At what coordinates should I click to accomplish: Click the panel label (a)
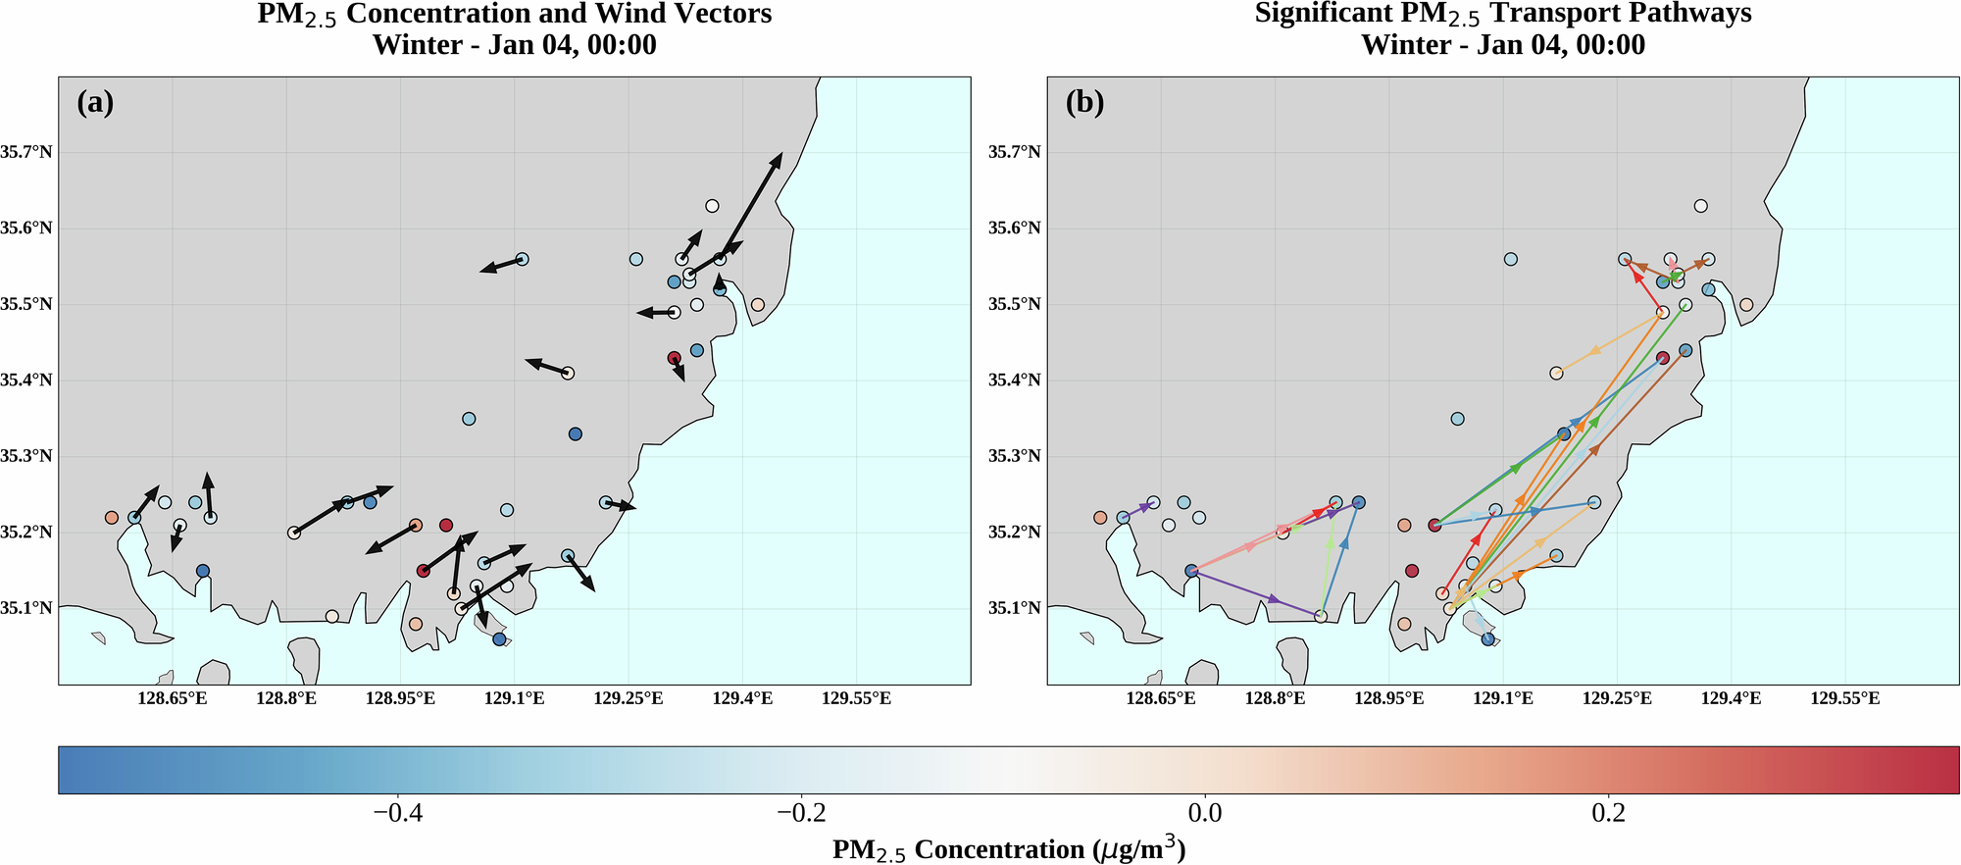(95, 103)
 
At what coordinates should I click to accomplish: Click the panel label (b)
(1084, 103)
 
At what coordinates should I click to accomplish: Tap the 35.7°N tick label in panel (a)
(27, 152)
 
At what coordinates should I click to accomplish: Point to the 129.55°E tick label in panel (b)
(1844, 698)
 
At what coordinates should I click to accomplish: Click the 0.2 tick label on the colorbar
(1608, 813)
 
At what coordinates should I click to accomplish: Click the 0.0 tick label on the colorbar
(1204, 813)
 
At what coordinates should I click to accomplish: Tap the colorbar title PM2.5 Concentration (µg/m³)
(1009, 849)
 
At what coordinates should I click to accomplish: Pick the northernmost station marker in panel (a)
(712, 206)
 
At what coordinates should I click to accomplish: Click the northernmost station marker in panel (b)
(1701, 206)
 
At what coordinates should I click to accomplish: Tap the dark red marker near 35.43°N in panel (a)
(674, 358)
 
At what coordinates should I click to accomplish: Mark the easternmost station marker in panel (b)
(1746, 305)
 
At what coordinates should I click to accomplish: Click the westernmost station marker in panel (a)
(112, 517)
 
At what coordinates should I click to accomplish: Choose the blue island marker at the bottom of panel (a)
(499, 639)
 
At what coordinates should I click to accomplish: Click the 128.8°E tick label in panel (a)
(286, 698)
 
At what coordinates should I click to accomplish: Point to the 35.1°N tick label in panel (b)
(1016, 608)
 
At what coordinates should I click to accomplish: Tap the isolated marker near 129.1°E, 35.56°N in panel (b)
(1511, 259)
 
